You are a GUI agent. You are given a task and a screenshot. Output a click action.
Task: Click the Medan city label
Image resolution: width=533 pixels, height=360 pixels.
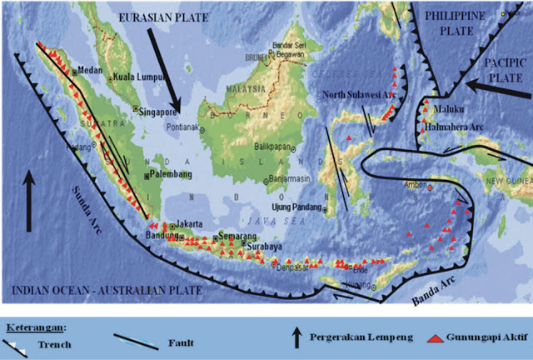[90, 70]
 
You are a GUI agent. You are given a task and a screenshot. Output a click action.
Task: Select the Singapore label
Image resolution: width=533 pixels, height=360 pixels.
[161, 109]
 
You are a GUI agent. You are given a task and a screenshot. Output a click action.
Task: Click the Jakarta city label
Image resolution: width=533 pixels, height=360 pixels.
[192, 224]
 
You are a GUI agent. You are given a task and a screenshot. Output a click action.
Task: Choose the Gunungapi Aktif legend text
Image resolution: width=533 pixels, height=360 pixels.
[485, 340]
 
